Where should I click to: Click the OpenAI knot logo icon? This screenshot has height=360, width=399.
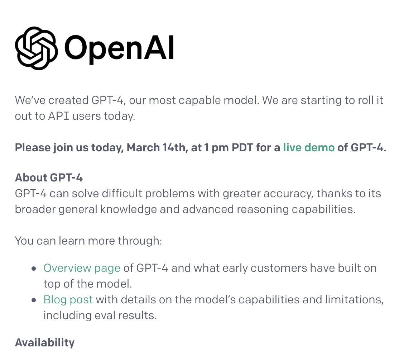[37, 48]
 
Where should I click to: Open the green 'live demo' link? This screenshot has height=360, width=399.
[309, 147]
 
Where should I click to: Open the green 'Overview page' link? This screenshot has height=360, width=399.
[82, 268]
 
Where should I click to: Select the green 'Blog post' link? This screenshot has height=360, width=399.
[68, 300]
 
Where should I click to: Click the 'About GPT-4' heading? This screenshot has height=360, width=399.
[49, 177]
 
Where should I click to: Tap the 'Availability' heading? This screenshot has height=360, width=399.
[45, 343]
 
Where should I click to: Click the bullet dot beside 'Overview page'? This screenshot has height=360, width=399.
[34, 269]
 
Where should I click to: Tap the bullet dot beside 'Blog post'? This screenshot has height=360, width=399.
[34, 300]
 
